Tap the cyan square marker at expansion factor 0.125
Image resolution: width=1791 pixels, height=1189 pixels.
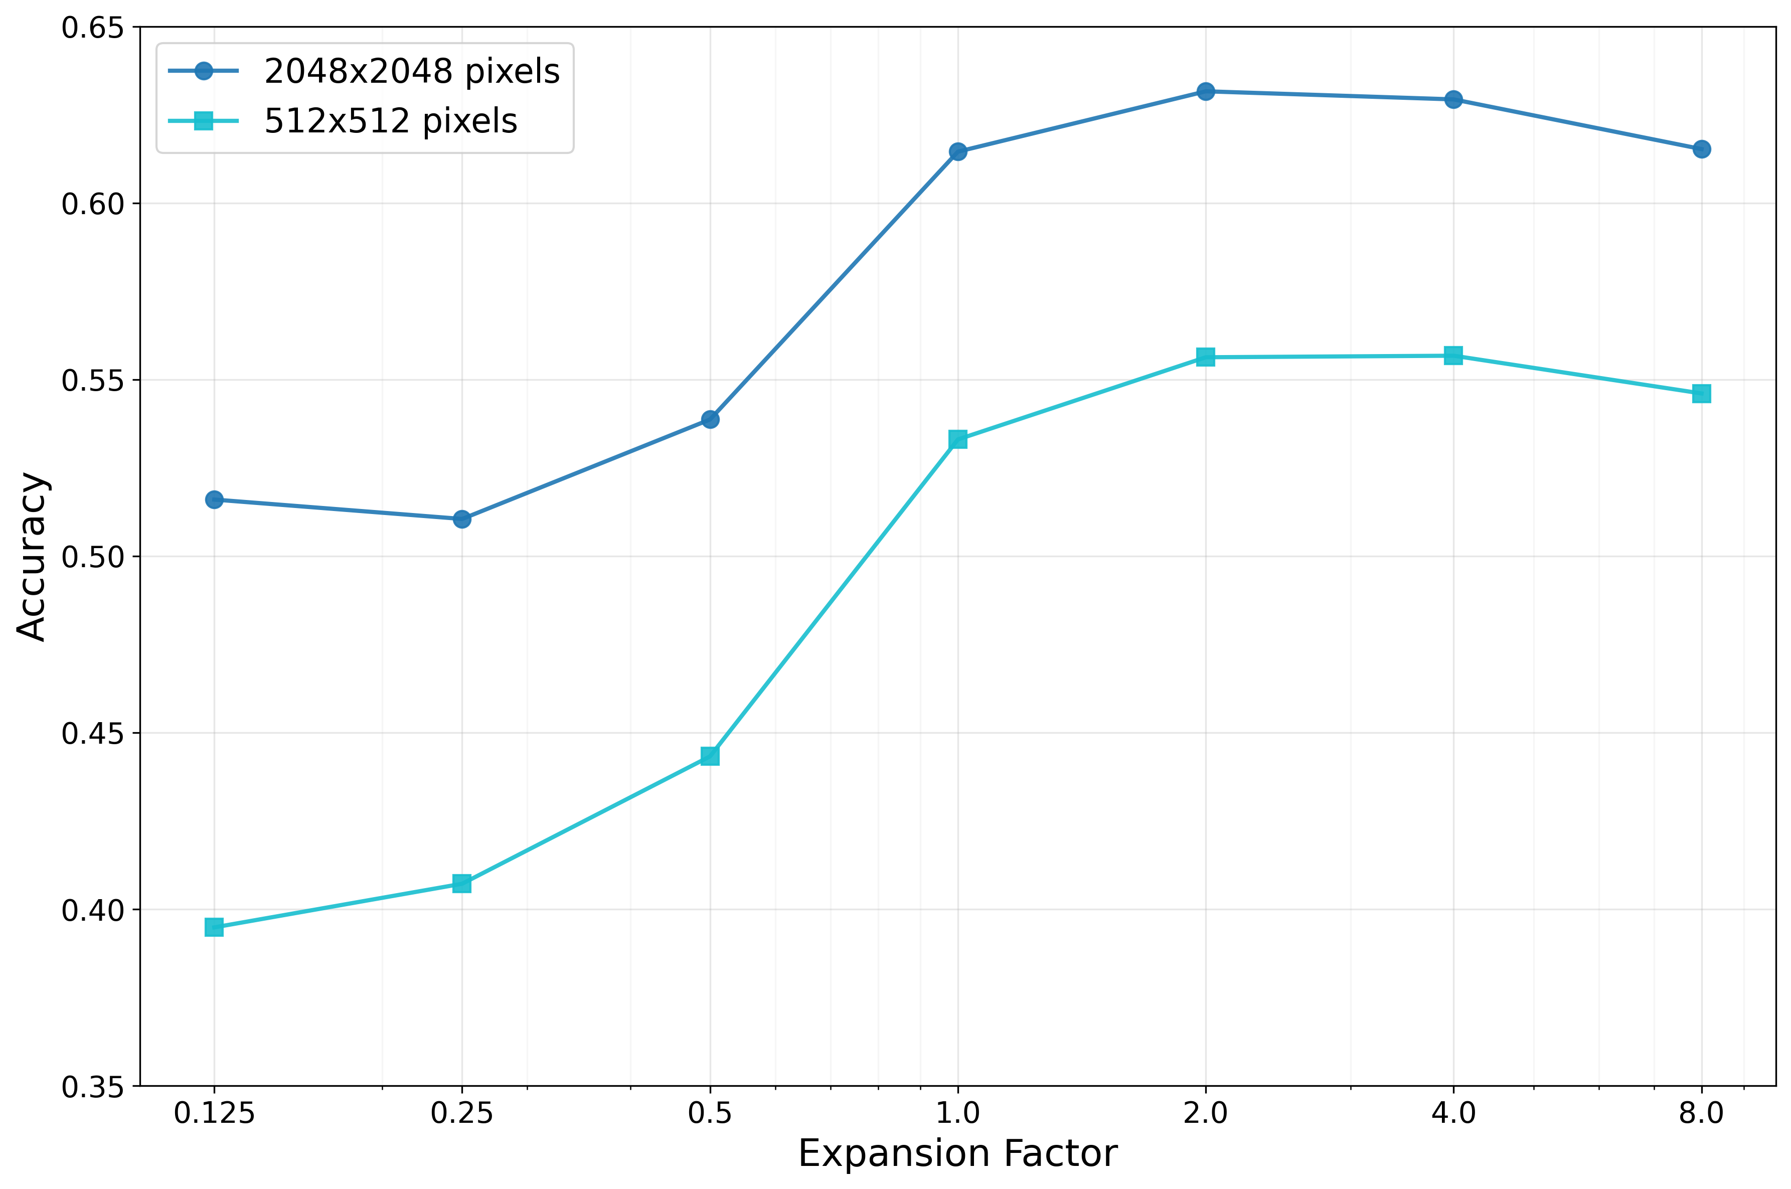click(214, 927)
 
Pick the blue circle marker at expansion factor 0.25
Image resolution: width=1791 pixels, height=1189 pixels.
click(462, 519)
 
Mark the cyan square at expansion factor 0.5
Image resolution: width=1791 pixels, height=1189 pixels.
click(710, 756)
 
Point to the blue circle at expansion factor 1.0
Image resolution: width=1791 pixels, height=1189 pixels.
click(957, 151)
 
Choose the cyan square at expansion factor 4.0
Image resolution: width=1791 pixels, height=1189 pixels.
click(1453, 356)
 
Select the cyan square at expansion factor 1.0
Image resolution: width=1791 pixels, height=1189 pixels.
click(957, 439)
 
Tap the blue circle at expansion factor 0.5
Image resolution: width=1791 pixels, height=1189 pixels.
click(710, 419)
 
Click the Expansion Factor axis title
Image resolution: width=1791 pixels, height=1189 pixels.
click(957, 1154)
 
